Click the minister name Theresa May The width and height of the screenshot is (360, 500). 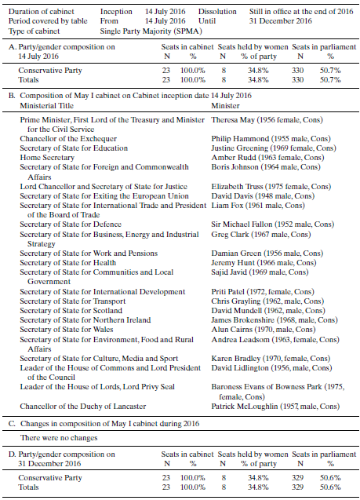pyautogui.click(x=233, y=119)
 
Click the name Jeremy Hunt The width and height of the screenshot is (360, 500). pyautogui.click(x=231, y=262)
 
